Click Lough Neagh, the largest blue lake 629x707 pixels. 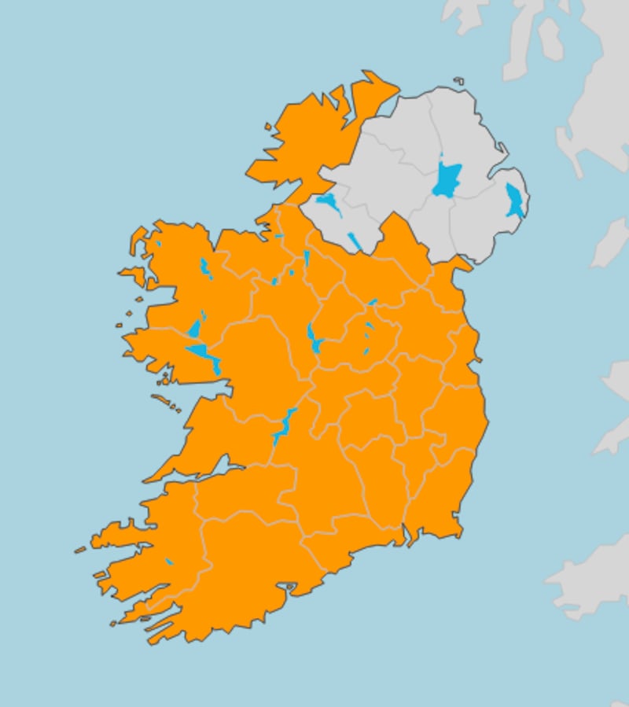446,182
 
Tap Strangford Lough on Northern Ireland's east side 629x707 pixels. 514,201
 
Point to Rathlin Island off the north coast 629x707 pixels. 458,80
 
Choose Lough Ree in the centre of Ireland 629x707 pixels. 314,339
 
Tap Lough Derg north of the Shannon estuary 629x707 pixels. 282,428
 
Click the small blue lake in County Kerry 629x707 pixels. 169,562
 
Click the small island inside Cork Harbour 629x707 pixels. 290,587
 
